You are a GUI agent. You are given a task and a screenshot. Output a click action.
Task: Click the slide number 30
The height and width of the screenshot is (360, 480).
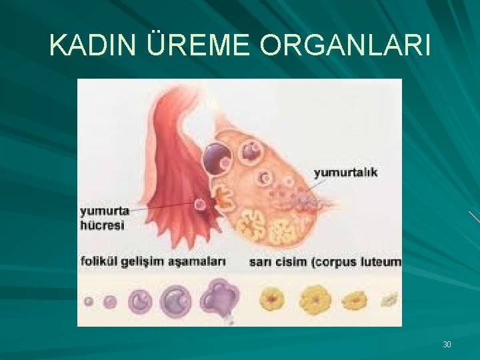click(447, 345)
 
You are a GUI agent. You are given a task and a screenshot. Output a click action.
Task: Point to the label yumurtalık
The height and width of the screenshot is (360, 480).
click(346, 172)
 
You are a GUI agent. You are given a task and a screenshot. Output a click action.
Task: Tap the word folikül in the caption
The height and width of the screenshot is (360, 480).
click(101, 261)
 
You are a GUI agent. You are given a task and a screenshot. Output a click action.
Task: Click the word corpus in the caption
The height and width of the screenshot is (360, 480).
click(334, 262)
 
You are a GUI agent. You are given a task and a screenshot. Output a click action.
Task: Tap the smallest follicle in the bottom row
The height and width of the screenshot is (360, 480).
click(89, 301)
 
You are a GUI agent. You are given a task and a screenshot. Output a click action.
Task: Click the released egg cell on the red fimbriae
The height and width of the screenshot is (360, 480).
click(199, 203)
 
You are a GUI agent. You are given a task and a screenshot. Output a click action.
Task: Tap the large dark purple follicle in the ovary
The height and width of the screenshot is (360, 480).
click(217, 157)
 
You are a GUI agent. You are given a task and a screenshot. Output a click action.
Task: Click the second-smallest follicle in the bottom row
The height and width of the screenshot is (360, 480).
click(110, 301)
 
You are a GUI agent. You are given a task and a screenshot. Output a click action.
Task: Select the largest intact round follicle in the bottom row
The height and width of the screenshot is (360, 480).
click(175, 300)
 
